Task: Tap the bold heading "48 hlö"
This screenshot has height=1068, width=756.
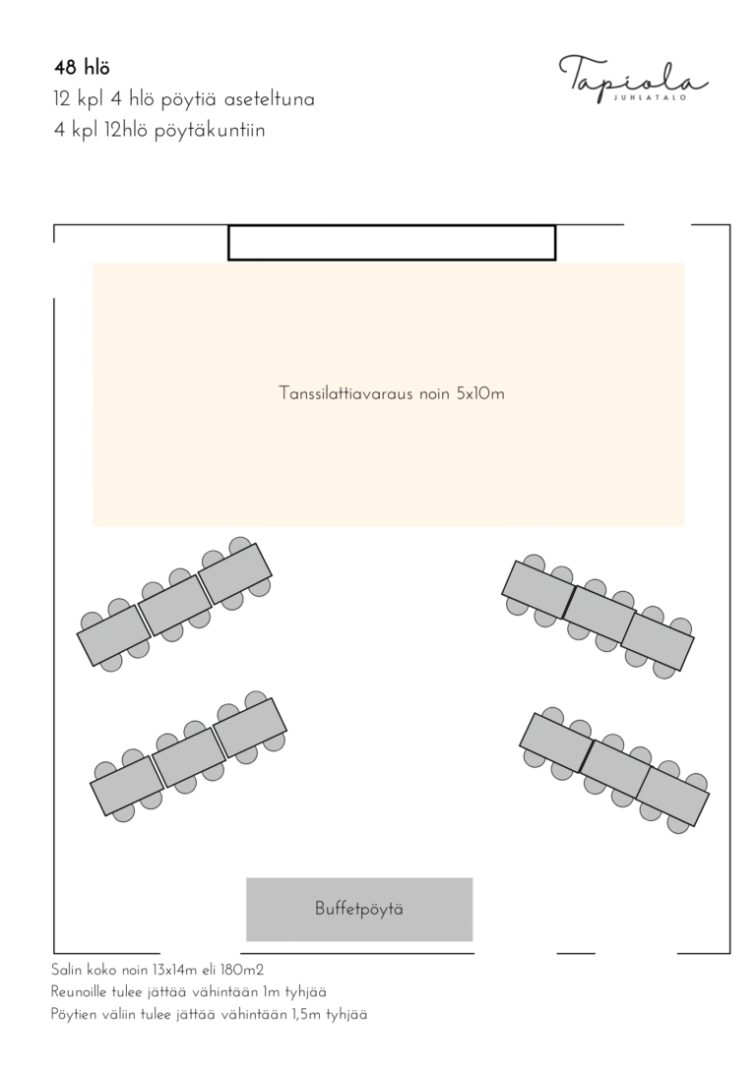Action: click(x=82, y=68)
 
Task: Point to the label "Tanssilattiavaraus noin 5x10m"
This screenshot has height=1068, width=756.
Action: click(x=392, y=393)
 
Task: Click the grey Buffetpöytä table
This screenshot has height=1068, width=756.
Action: click(x=359, y=910)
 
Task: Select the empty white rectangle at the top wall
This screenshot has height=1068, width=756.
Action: click(x=392, y=243)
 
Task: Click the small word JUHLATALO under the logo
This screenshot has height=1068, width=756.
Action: click(x=650, y=97)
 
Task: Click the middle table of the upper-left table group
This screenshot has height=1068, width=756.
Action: click(x=174, y=606)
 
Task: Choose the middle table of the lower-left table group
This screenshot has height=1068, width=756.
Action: click(x=189, y=757)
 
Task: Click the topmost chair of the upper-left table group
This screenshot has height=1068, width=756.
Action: click(x=240, y=546)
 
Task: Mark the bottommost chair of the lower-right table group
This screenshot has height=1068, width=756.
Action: click(x=678, y=823)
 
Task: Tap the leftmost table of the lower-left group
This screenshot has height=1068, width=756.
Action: click(x=127, y=786)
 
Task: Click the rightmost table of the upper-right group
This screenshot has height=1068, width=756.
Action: click(x=658, y=641)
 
